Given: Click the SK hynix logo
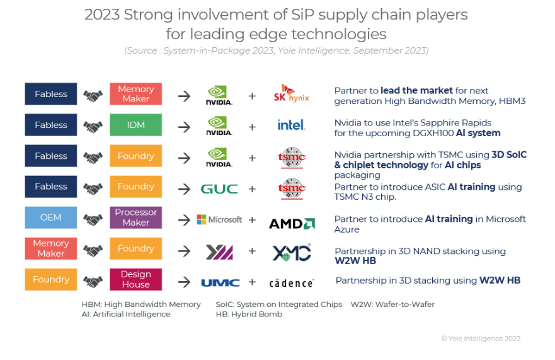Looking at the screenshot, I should (x=291, y=94).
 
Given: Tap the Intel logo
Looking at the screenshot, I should (x=291, y=125).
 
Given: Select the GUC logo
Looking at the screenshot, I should (x=219, y=188).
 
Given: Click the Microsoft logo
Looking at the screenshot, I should (x=219, y=219).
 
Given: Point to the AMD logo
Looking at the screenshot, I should (x=292, y=223).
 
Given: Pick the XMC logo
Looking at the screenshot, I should (x=291, y=252).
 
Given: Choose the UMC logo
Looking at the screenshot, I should (x=220, y=282).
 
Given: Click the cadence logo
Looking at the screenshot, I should (x=291, y=283).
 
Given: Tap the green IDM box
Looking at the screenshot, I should (x=135, y=125).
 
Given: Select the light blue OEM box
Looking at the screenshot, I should (x=51, y=218).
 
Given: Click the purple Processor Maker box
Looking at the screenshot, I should (x=135, y=218).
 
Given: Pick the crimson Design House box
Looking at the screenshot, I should (x=135, y=279).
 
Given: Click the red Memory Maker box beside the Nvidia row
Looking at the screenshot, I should (x=135, y=94).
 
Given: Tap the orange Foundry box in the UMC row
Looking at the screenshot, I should (x=51, y=279).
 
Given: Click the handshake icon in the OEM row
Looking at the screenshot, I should (x=93, y=219).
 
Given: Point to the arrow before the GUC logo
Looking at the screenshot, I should (x=184, y=189).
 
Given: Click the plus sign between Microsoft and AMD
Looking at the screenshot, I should (x=252, y=219).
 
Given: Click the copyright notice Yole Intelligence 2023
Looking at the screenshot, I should (x=481, y=339).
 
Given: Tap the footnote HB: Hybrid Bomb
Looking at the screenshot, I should (x=250, y=314).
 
